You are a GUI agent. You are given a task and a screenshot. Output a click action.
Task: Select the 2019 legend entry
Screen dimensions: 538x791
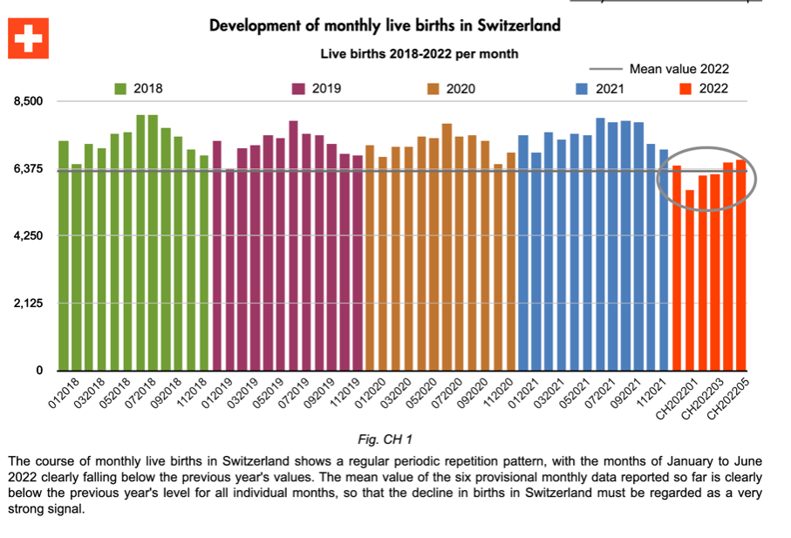(x=316, y=88)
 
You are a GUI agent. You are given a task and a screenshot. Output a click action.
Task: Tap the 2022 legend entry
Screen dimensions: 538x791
(x=701, y=88)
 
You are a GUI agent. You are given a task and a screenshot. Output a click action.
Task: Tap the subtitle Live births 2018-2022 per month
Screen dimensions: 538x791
(x=419, y=53)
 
